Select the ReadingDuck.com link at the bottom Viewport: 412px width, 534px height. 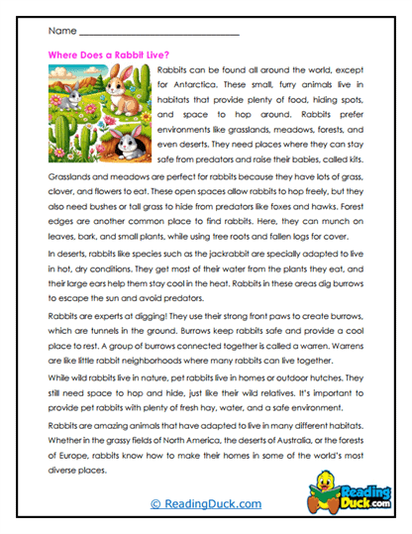click(x=205, y=505)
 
